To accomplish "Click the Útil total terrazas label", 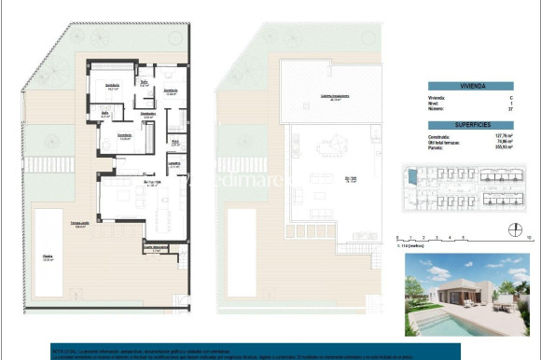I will pyautogui.click(x=446, y=142).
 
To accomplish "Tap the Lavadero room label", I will pyautogui.click(x=174, y=161).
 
